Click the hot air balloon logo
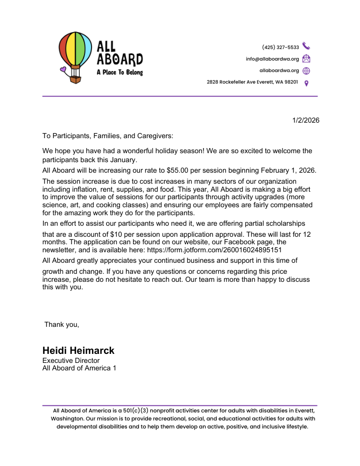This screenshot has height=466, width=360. pyautogui.click(x=75, y=52)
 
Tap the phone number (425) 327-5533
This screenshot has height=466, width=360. pyautogui.click(x=280, y=48)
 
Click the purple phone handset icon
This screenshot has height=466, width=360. pyautogui.click(x=306, y=47)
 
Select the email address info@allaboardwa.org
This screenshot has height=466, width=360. pyautogui.click(x=272, y=59)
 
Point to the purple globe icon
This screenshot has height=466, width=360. pyautogui.click(x=306, y=71)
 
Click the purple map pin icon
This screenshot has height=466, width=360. pyautogui.click(x=306, y=83)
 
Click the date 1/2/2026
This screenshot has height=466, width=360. pyautogui.click(x=305, y=120)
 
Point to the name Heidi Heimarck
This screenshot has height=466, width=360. pyautogui.click(x=78, y=350)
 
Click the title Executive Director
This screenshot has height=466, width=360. pyautogui.click(x=71, y=360)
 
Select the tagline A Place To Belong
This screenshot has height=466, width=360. pyautogui.click(x=119, y=73)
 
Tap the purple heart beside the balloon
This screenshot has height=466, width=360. pyautogui.click(x=62, y=70)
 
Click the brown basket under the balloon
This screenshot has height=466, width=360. pyautogui.click(x=75, y=79)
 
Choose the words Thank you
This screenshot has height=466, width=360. pyautogui.click(x=61, y=324)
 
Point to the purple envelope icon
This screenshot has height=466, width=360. pyautogui.click(x=306, y=59)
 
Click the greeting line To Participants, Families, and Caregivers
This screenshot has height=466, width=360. pyautogui.click(x=107, y=136)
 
